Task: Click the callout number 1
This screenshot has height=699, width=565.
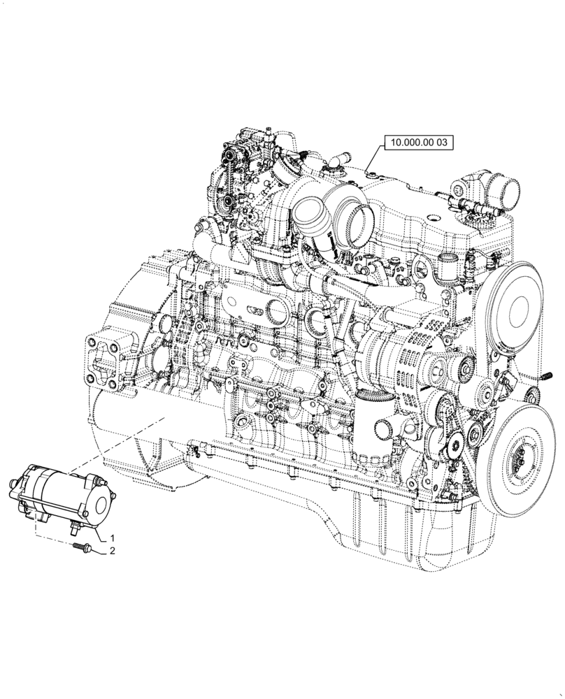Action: (111, 538)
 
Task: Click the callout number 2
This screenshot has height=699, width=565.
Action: (111, 553)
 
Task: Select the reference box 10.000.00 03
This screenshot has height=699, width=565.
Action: (418, 143)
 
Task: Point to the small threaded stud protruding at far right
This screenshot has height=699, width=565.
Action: (543, 377)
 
